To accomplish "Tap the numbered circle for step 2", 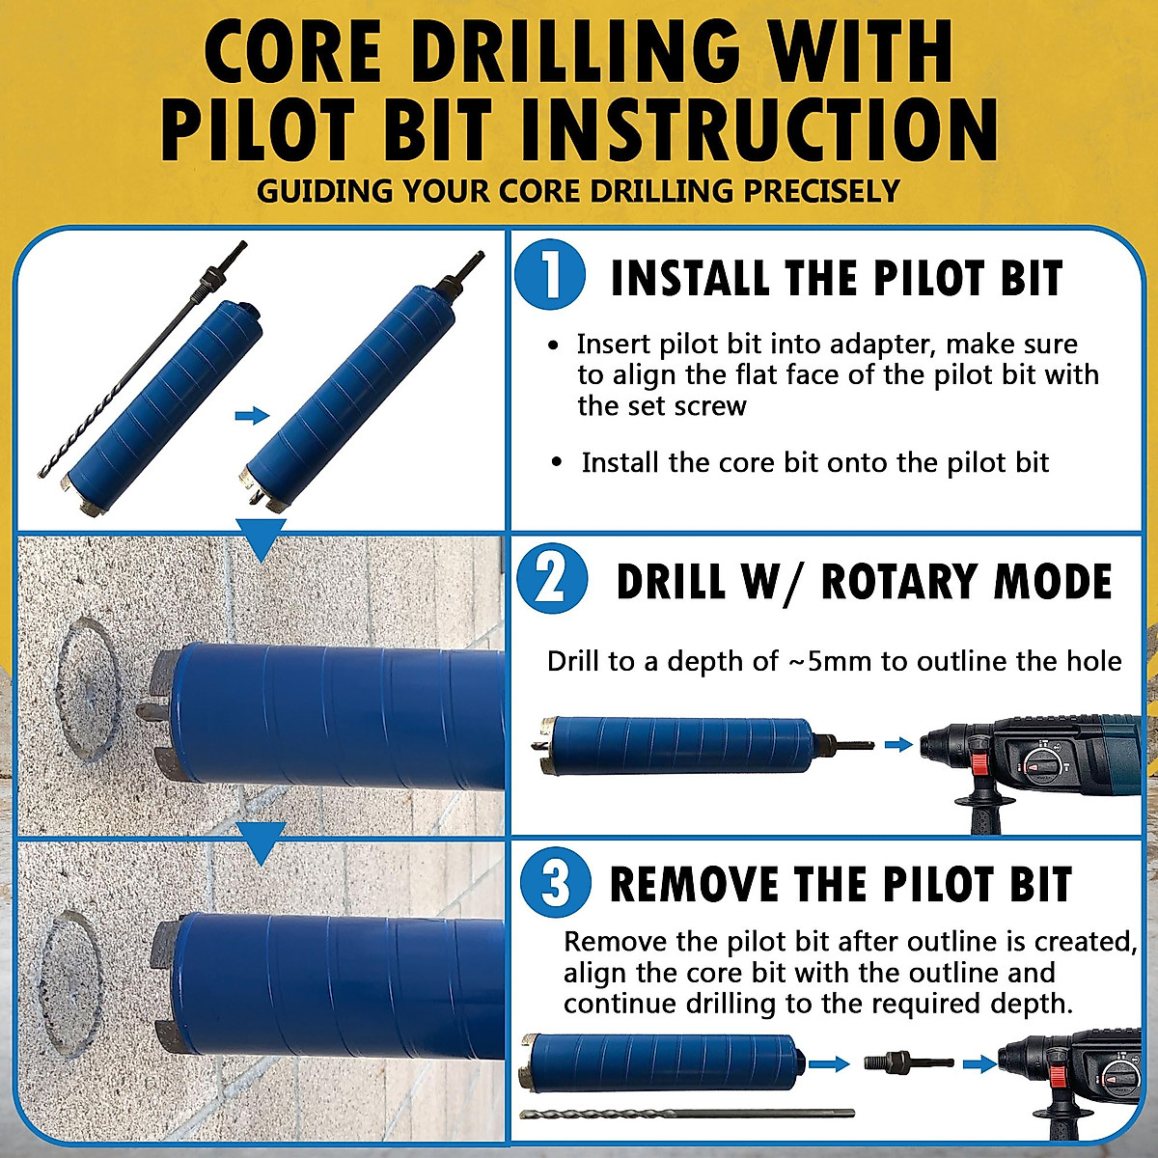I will tap(551, 579).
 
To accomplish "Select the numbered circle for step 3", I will tap(555, 883).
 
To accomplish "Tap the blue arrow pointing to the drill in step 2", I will tap(898, 744).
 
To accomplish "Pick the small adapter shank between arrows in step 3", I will tap(908, 1062).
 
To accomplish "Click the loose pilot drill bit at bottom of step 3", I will tap(686, 1114).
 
